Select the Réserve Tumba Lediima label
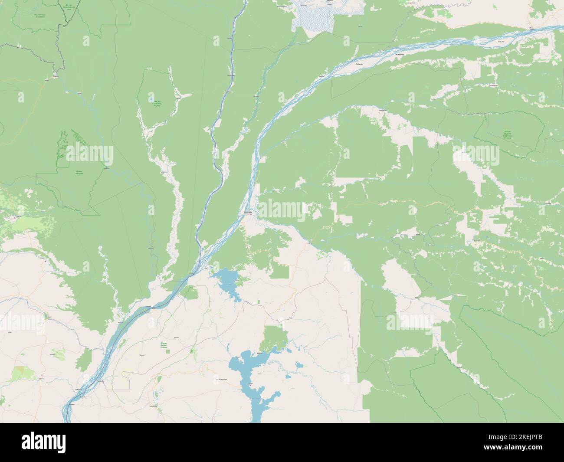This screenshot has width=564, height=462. pyautogui.click(x=164, y=345)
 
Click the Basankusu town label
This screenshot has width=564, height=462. pyautogui.click(x=370, y=110)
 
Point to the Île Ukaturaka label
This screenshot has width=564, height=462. pyautogui.click(x=399, y=55)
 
